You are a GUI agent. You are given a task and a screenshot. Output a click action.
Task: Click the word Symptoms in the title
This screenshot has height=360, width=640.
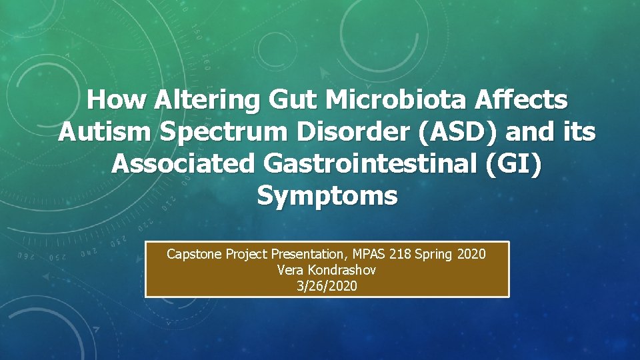327,195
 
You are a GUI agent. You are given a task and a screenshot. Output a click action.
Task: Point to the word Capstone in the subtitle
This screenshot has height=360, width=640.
193,254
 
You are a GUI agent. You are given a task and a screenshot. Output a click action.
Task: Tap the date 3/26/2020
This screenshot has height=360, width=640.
327,286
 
